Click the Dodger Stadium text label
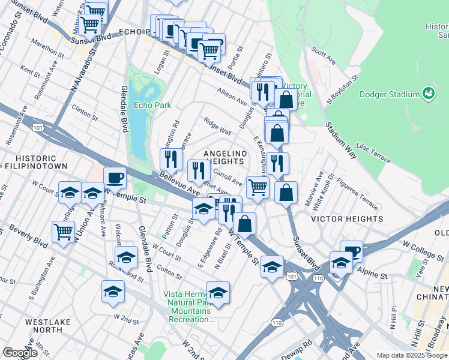[x=389, y=94]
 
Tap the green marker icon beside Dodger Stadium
[x=429, y=94]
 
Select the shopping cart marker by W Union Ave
[x=63, y=231]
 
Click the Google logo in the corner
[x=20, y=353]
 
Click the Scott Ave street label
[x=324, y=57]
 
